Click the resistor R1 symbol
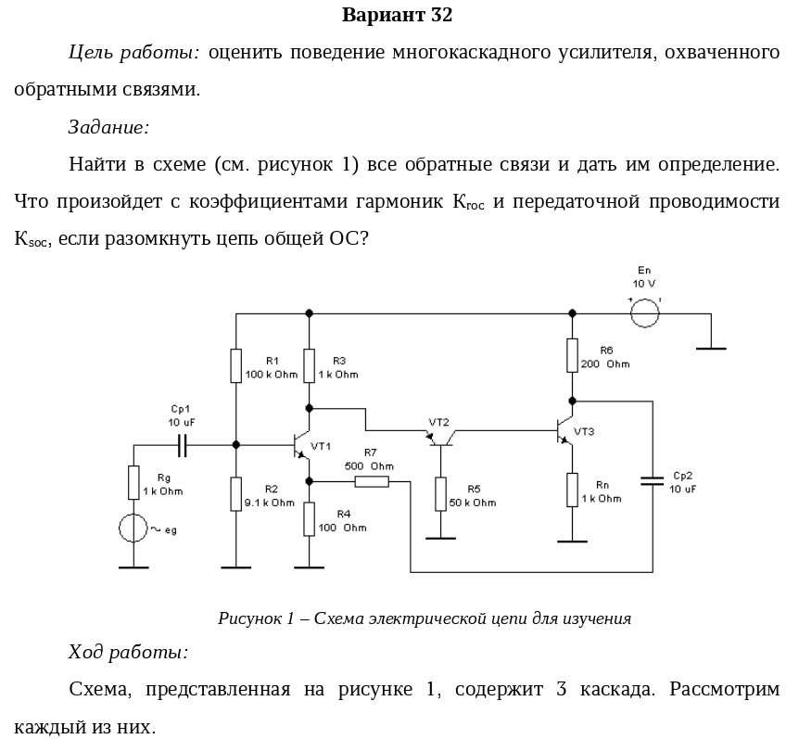(236, 365)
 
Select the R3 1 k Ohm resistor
(310, 365)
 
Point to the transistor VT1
(298, 445)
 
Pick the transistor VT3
(564, 430)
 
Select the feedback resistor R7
(371, 481)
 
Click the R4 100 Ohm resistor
(310, 518)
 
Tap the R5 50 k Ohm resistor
(440, 494)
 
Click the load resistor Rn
(573, 490)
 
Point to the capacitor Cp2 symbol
(653, 480)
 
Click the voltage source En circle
(644, 313)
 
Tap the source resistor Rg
(134, 483)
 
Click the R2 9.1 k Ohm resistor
(236, 494)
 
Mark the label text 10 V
(644, 284)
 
